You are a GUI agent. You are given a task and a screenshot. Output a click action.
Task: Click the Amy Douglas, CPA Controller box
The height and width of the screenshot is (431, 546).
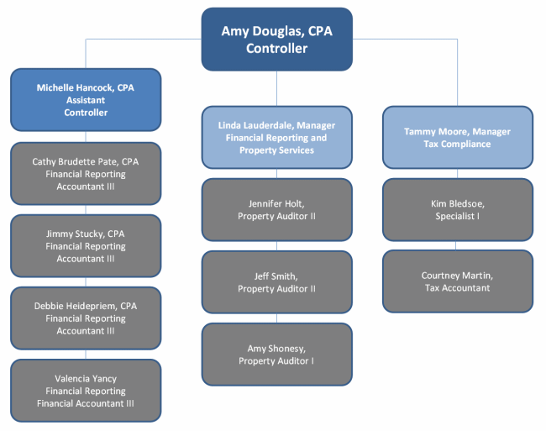point(277,39)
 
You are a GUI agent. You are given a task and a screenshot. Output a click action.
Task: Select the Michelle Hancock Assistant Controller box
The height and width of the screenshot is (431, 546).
point(86,100)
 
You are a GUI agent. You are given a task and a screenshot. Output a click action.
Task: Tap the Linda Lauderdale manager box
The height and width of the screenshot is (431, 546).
point(277,138)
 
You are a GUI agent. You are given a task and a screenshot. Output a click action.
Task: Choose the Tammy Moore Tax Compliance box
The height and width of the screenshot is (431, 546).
point(458,138)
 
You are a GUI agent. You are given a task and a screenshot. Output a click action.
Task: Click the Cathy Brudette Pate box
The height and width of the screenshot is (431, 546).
point(86,173)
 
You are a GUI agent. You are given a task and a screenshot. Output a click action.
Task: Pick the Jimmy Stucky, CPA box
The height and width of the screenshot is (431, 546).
point(86,246)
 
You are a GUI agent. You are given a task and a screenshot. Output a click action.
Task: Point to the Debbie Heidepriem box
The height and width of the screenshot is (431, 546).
point(86,318)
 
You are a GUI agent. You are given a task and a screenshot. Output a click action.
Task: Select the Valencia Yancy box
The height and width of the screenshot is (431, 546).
point(86,391)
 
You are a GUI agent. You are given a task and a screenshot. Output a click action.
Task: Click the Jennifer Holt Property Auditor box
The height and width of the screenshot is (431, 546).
point(277,209)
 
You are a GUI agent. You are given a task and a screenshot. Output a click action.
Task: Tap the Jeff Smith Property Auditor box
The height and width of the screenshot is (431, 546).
point(277,282)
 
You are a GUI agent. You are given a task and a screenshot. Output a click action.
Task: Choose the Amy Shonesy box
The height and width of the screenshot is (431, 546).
point(277,355)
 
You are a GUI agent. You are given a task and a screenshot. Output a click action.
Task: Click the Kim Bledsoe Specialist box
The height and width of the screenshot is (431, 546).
point(458,209)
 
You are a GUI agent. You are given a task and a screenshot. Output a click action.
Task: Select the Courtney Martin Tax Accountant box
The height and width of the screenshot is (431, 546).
point(458,281)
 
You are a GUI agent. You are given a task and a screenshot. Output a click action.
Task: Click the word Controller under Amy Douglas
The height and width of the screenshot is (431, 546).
point(277,48)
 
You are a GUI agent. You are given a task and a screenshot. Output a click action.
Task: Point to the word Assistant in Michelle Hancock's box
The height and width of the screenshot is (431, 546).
point(86,100)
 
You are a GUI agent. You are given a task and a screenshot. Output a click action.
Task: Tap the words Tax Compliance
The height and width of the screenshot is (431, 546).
point(457,144)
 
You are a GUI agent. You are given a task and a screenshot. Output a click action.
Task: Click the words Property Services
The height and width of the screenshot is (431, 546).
point(277,150)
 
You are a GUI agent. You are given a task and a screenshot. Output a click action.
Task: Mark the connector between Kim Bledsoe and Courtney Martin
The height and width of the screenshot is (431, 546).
point(456,245)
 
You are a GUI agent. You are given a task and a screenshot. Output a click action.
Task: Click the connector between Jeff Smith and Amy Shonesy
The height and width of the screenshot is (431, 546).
point(277,318)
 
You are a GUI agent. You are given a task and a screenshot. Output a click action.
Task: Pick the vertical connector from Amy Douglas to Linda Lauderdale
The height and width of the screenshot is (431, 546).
point(277,89)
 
